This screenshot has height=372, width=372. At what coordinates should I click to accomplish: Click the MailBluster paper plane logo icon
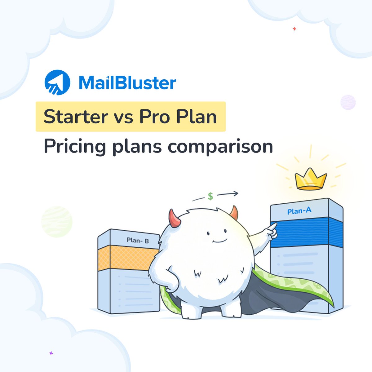coord(57,82)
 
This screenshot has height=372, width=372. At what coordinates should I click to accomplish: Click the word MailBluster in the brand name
coord(127,83)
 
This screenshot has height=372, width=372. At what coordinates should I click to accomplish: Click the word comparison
coord(220,146)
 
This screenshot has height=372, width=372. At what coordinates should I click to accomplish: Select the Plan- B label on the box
coord(138,240)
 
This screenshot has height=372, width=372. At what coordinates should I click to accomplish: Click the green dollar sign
coord(210,196)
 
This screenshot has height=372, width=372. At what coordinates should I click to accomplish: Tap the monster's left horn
coord(175,218)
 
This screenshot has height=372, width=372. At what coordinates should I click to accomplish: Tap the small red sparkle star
coord(294,29)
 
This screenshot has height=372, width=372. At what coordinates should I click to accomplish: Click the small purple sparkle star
coord(51,353)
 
